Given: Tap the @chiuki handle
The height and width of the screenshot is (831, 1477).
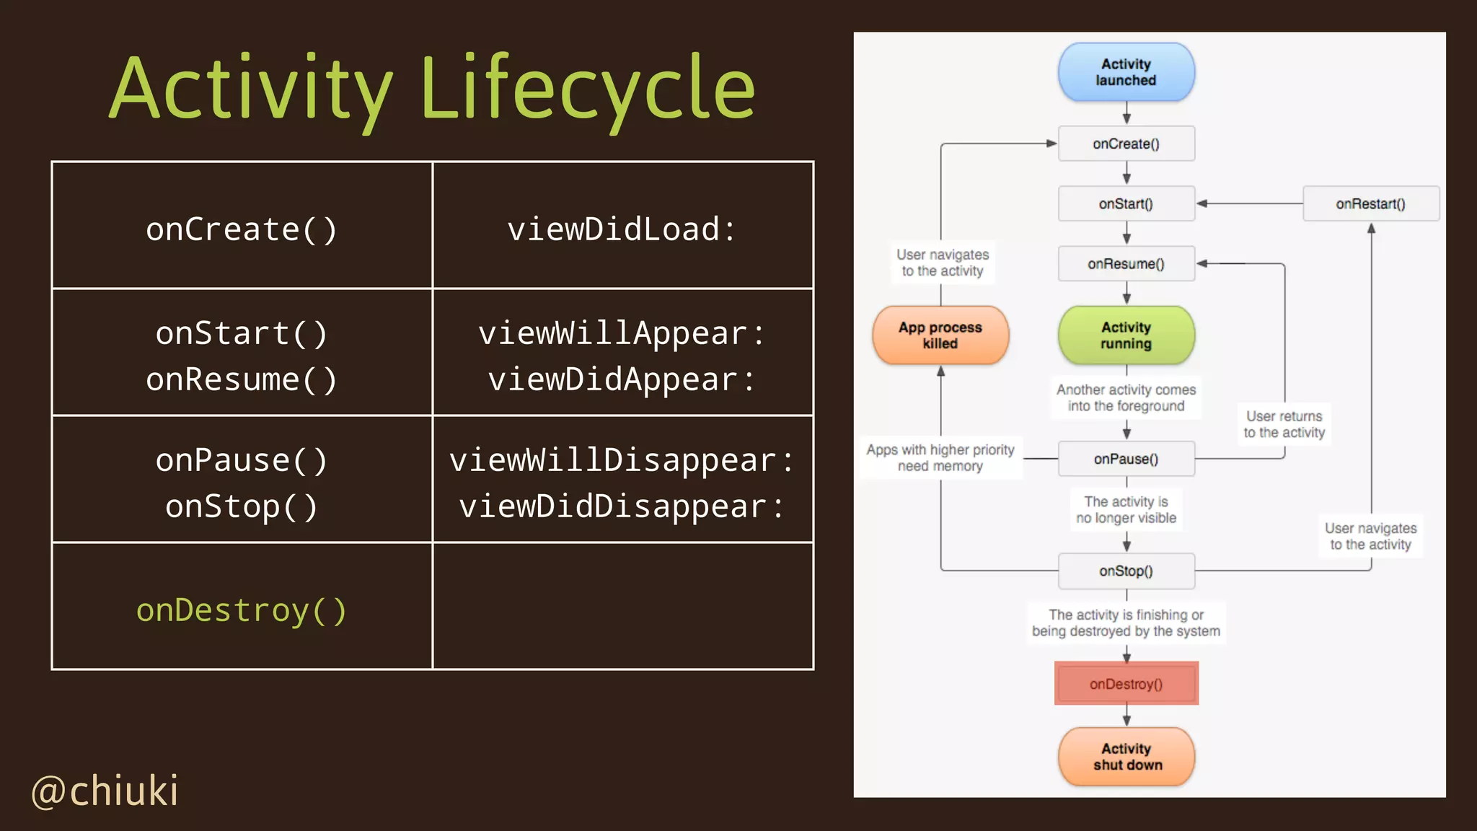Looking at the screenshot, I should [105, 791].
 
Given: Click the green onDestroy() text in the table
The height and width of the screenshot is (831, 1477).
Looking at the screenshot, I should [242, 610].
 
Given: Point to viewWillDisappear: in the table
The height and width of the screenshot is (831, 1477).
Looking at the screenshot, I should [622, 460].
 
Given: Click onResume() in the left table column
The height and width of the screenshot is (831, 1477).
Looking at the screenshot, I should [242, 379].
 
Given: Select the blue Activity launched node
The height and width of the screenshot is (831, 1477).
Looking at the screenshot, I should [1126, 72].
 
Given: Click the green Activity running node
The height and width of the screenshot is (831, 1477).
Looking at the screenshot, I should [1126, 335].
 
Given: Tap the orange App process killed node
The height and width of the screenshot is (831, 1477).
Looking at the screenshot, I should [940, 335].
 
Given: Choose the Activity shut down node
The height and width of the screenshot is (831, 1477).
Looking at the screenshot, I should [1126, 757].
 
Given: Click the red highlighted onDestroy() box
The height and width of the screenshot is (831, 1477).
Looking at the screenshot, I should [1126, 684].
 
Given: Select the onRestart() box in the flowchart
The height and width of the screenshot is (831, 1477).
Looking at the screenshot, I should [1370, 203].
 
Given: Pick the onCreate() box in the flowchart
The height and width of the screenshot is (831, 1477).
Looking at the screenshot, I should [1126, 144].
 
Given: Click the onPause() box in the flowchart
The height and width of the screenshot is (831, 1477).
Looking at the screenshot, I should [1126, 459].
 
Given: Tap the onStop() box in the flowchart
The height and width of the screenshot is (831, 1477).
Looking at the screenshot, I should [1126, 571].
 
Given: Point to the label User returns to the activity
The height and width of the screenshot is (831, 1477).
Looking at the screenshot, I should [1284, 424].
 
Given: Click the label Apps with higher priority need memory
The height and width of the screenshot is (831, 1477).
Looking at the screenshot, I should [940, 457].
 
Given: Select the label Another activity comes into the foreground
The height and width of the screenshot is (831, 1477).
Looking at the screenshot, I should [1126, 397].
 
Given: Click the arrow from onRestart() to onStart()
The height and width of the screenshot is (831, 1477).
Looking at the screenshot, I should [1251, 203].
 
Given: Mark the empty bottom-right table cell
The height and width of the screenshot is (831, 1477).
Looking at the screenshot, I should [622, 606].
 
